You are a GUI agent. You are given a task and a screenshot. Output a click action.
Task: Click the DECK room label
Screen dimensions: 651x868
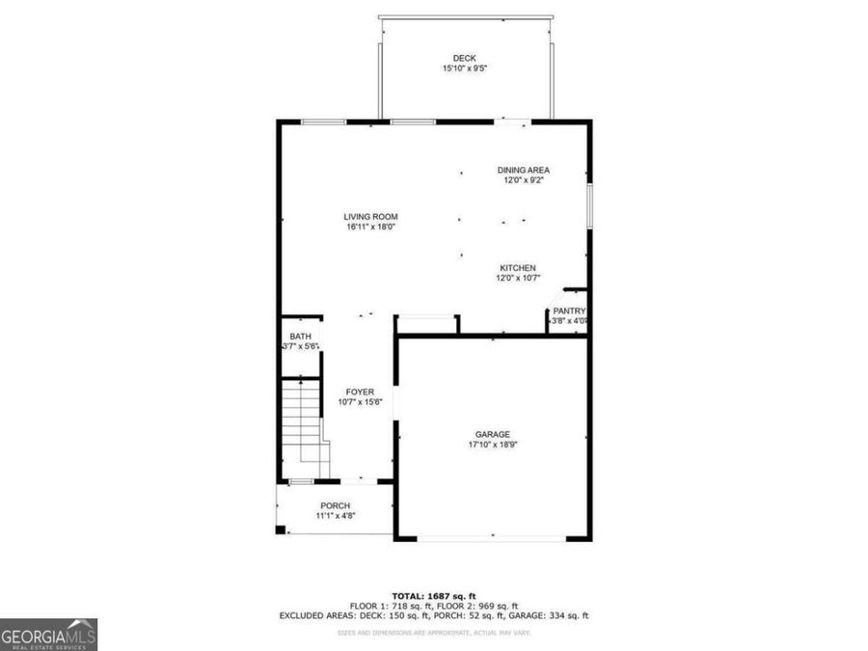(x=465, y=59)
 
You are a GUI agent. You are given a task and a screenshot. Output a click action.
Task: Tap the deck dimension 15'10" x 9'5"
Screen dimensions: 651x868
(x=465, y=69)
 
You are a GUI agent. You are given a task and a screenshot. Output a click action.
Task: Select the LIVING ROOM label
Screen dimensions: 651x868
(x=371, y=217)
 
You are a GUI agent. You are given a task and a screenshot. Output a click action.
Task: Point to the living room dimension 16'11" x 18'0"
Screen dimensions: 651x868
(x=371, y=228)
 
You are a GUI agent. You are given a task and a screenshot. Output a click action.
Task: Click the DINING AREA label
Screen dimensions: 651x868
(x=524, y=170)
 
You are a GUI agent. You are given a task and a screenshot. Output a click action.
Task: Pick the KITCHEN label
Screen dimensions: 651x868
(x=518, y=268)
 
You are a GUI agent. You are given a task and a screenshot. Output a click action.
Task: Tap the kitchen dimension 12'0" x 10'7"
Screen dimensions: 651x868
(x=518, y=279)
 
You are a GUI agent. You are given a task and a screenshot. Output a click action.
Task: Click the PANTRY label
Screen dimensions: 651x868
(x=569, y=311)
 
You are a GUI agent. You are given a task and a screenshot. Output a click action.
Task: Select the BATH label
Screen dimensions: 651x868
(x=300, y=336)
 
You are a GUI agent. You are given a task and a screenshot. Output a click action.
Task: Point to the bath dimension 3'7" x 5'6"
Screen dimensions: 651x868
(x=300, y=346)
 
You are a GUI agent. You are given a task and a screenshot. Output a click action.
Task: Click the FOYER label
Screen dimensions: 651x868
(x=361, y=392)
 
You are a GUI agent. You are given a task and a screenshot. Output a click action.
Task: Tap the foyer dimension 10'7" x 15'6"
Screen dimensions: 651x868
(x=361, y=402)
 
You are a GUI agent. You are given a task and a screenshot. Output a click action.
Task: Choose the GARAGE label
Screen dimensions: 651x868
(x=492, y=434)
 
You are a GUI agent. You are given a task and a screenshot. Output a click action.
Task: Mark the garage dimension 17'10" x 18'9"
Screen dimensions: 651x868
(x=492, y=445)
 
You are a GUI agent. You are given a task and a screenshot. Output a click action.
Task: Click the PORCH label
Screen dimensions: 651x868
(x=336, y=505)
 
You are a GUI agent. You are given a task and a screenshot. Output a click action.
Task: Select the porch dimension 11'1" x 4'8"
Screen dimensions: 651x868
(x=336, y=516)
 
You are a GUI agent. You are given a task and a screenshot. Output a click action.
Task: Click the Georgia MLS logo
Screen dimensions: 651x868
(x=48, y=636)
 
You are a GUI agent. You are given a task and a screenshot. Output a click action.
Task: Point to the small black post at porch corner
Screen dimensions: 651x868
(x=281, y=529)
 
